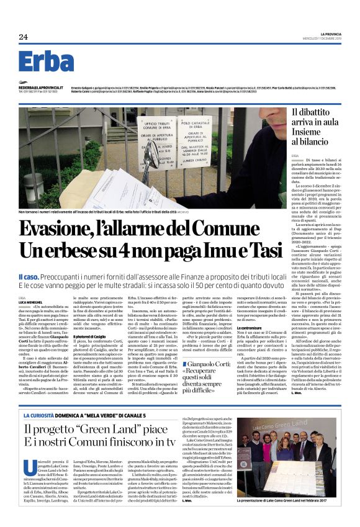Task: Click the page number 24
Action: [23, 37]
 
